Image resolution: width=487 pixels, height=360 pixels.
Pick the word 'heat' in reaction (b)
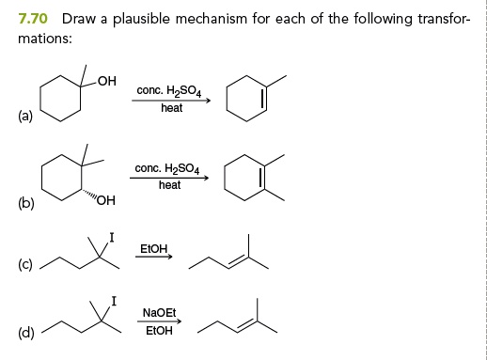tap(170, 185)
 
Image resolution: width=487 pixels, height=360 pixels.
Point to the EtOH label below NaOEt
tap(158, 331)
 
